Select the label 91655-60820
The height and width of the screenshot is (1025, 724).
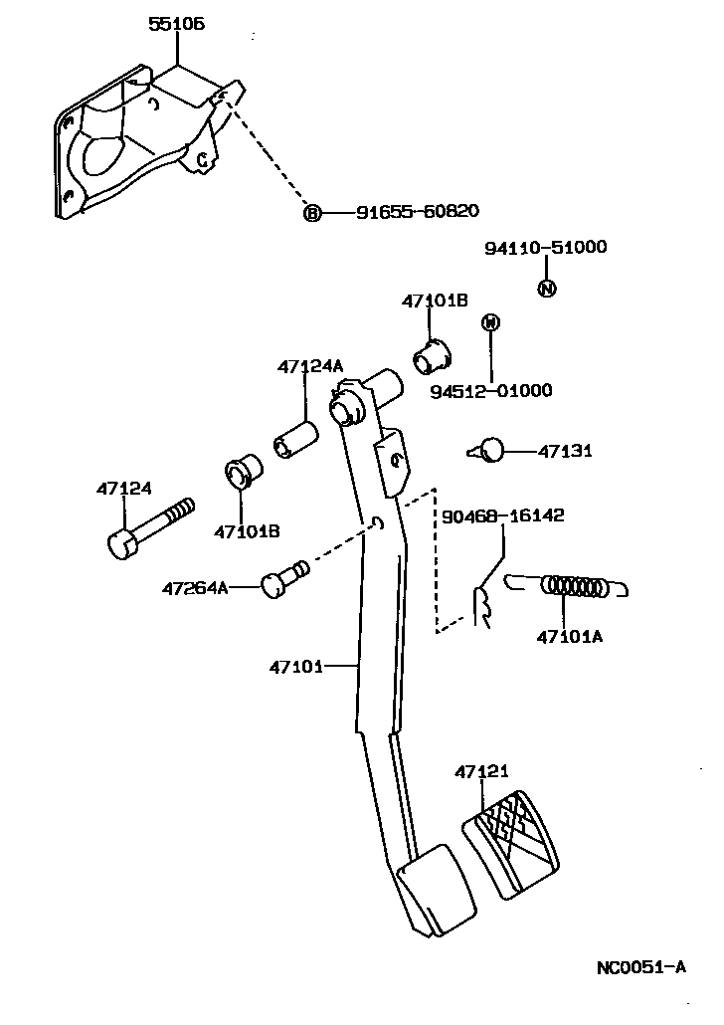tap(418, 211)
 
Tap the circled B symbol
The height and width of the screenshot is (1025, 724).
tap(312, 212)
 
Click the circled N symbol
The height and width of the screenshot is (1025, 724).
tap(546, 289)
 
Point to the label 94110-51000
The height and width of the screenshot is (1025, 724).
tap(545, 248)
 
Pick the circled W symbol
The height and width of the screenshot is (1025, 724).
tap(489, 322)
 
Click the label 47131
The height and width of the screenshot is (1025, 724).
tap(565, 451)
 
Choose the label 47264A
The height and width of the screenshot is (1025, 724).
tap(195, 588)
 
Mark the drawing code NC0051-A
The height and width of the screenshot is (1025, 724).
tap(640, 966)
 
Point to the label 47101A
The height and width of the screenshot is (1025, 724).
tap(569, 636)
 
